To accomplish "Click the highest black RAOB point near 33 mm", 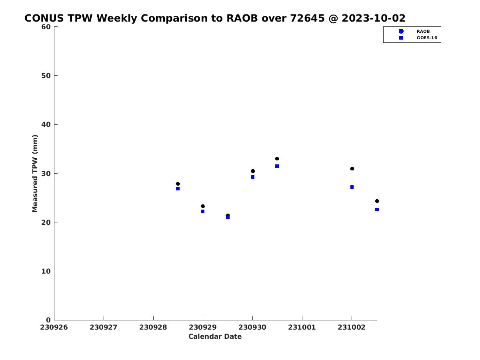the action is coord(277,159).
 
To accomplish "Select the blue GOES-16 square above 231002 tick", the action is coord(352,187).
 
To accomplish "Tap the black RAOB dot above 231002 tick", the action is coord(352,169).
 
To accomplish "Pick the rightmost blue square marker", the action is coord(377,210).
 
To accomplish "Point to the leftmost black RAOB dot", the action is coord(178,184).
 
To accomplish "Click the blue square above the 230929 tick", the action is coord(203,211).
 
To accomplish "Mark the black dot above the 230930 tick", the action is coord(253,171).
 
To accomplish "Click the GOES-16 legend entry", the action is coord(417,38).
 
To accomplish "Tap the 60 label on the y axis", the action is coord(46,27).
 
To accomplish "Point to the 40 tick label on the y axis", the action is coord(46,124).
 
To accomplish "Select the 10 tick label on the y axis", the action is coord(46,271).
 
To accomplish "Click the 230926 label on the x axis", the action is coord(54,328).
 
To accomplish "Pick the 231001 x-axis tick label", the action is coord(302,328).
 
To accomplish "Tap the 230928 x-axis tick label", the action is coord(153,328).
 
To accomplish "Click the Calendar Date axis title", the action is coord(215,337).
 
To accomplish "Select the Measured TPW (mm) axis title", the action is coord(35,174).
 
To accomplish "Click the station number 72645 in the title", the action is coord(308,18).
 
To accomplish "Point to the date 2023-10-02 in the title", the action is coord(374,18).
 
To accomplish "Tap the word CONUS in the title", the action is coord(44,18).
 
